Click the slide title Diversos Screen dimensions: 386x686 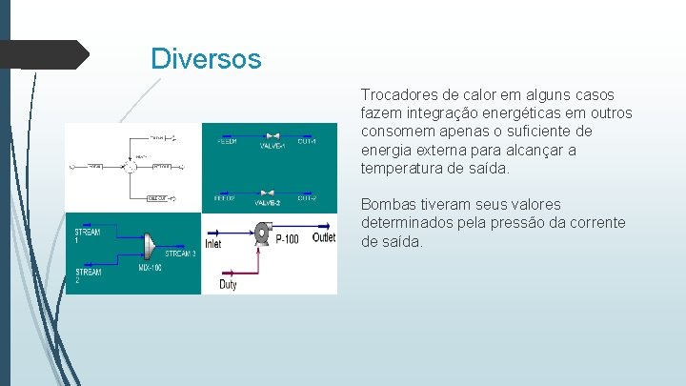point(206,59)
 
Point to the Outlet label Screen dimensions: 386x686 point(324,237)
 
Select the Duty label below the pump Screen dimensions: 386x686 point(229,284)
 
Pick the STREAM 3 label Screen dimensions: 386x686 point(180,254)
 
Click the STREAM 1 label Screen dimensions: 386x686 point(88,235)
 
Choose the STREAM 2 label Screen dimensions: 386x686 point(88,276)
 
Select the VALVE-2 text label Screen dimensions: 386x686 point(267,203)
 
